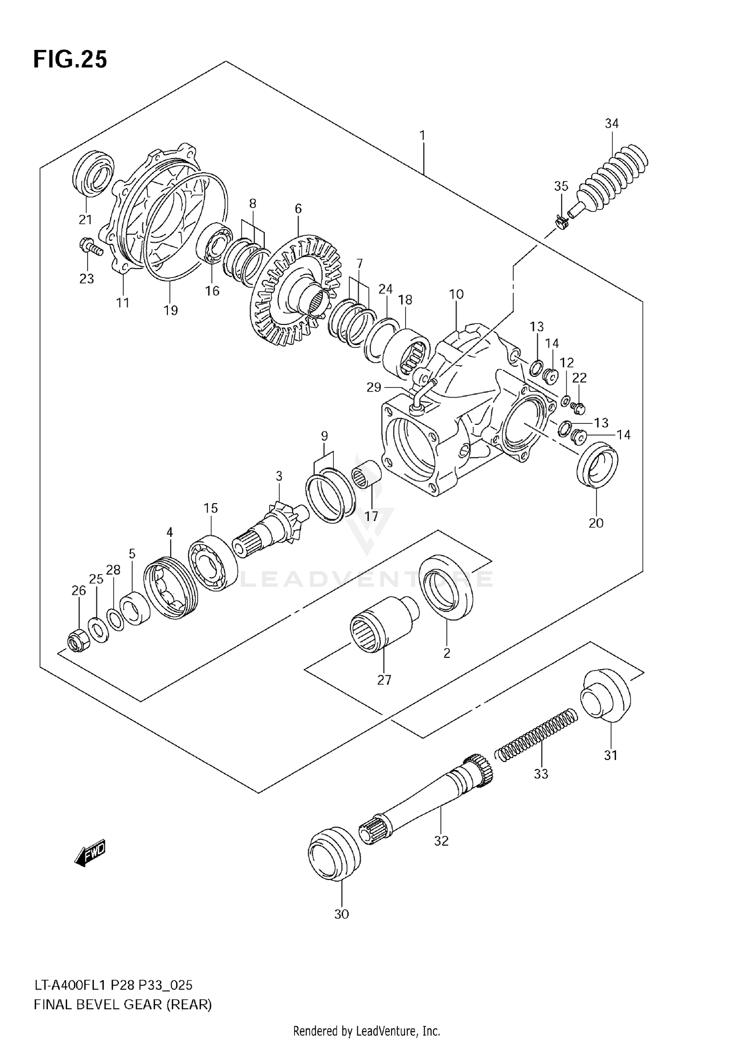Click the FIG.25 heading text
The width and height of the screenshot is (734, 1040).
(x=70, y=60)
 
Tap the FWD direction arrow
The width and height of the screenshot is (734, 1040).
(x=91, y=854)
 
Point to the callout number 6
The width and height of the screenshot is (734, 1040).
(x=298, y=209)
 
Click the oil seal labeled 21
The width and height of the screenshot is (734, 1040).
(x=93, y=174)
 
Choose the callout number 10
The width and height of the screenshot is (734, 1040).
(x=456, y=294)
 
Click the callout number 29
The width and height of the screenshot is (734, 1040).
(x=373, y=387)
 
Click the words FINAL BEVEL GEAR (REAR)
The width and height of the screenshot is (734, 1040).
(x=123, y=1005)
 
